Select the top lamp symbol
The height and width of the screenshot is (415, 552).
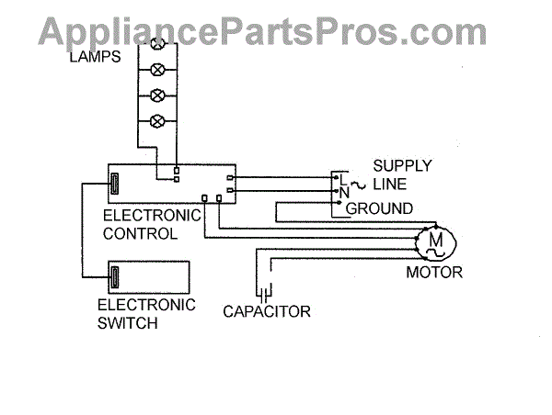pyautogui.click(x=157, y=42)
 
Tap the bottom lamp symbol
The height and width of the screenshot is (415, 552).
pyautogui.click(x=157, y=120)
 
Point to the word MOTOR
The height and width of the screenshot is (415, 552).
pyautogui.click(x=434, y=274)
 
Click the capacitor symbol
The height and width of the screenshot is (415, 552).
pyautogui.click(x=265, y=295)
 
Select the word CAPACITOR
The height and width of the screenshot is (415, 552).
pyautogui.click(x=267, y=312)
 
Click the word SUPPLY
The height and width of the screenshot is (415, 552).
pyautogui.click(x=402, y=166)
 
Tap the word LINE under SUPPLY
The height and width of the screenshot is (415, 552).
pyautogui.click(x=389, y=185)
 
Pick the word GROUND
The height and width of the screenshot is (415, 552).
pyautogui.click(x=379, y=209)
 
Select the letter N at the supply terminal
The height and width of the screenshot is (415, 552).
pyautogui.click(x=342, y=192)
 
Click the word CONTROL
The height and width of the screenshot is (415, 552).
pyautogui.click(x=141, y=234)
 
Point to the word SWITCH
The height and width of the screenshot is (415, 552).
pyautogui.click(x=128, y=323)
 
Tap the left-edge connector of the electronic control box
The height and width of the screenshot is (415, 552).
pyautogui.click(x=116, y=183)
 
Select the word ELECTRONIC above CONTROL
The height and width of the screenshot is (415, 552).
pyautogui.click(x=152, y=217)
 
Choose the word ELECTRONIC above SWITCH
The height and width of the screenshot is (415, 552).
pyautogui.click(x=147, y=305)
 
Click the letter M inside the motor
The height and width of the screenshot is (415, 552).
pyautogui.click(x=436, y=241)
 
